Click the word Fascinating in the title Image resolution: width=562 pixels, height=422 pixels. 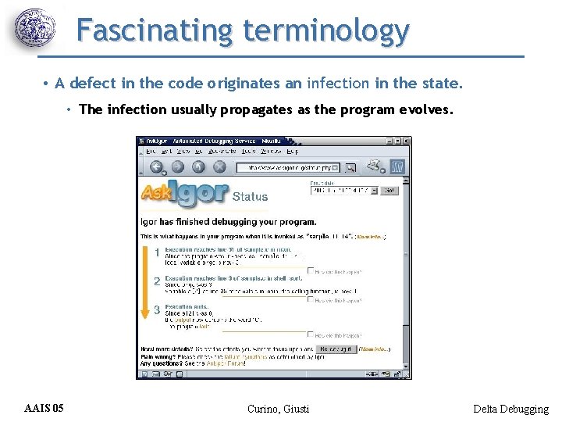click(155, 31)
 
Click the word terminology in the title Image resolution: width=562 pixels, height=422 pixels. click(325, 31)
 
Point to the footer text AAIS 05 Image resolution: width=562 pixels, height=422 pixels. click(44, 408)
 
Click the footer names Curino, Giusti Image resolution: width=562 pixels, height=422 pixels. click(278, 409)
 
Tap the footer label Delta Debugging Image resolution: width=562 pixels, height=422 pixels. click(510, 409)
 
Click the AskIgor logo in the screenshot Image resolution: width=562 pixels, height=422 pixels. click(184, 194)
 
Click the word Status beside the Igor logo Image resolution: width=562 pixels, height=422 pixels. click(250, 197)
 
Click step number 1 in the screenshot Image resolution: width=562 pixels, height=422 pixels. click(157, 253)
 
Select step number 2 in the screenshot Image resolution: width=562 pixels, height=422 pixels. click(157, 281)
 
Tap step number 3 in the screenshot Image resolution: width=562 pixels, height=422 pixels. click(157, 309)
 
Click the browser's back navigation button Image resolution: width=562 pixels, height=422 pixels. click(156, 166)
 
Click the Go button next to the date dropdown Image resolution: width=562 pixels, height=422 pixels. click(389, 190)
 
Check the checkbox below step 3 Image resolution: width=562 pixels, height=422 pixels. click(311, 334)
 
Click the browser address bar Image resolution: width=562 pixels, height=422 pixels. click(289, 167)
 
